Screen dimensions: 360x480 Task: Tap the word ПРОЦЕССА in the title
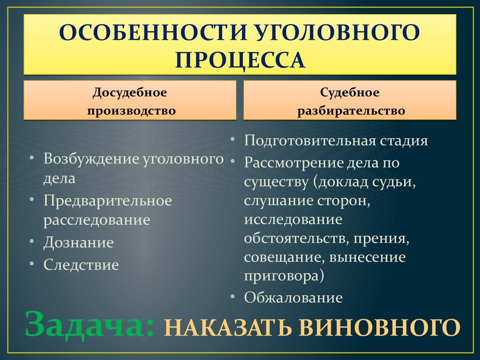(240, 60)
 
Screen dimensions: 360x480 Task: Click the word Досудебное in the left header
(130, 92)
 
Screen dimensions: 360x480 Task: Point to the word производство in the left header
(130, 111)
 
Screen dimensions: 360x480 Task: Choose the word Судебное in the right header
(350, 92)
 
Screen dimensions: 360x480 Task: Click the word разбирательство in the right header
(350, 111)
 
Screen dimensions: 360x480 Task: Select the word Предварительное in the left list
(108, 201)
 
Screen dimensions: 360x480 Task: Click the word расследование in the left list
(97, 220)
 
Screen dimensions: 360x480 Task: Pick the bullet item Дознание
(79, 242)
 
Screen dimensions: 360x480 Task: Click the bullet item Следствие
(81, 265)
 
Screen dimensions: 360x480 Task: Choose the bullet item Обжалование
(293, 297)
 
